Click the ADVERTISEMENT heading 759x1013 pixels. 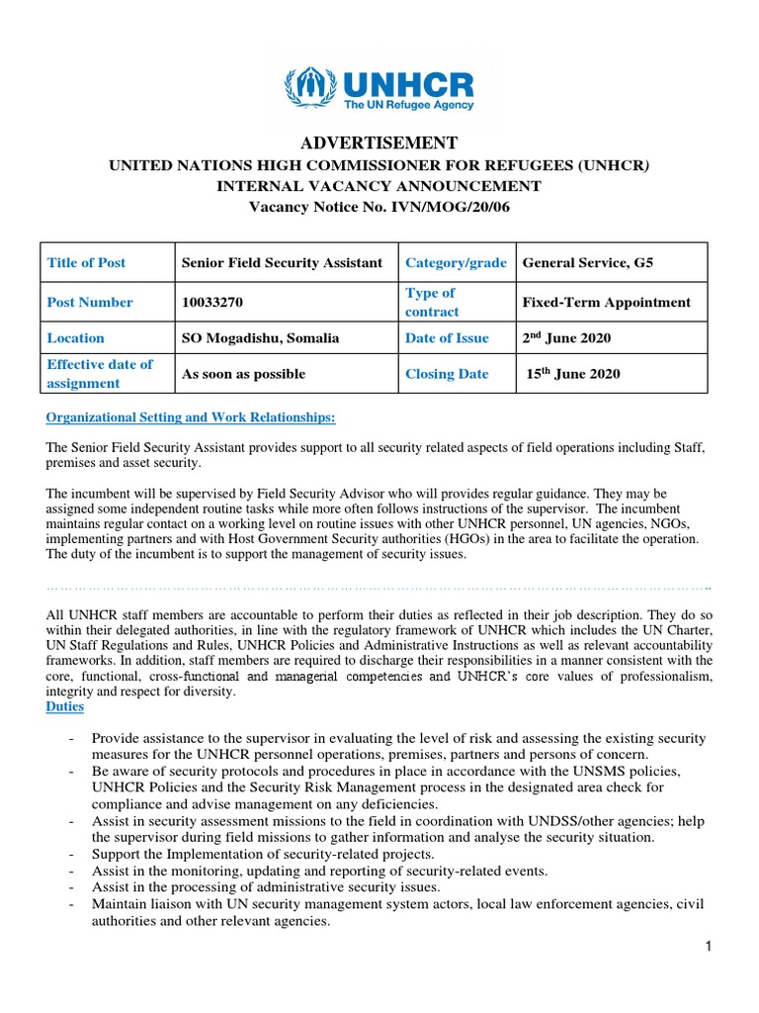point(379,142)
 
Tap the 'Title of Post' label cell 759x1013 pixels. point(87,262)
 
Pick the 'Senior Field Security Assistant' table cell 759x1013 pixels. point(282,262)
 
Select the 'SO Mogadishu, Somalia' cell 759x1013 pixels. point(260,338)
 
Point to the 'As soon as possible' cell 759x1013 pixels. point(243,374)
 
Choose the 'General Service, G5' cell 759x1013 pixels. point(587,262)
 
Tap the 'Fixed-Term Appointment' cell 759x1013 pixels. point(606,302)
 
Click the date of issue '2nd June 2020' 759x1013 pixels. point(566,338)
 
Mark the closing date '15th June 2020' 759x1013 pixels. point(570,374)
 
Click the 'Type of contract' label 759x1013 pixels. point(431,302)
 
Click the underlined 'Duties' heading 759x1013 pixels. point(65,707)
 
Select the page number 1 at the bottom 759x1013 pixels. point(709,947)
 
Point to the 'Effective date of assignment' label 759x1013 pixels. point(100,374)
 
